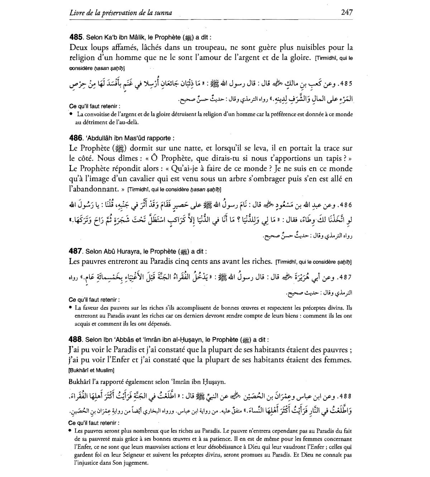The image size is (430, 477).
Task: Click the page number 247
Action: point(347,13)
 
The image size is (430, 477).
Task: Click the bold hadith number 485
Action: point(76,37)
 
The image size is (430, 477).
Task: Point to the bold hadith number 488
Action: point(76,339)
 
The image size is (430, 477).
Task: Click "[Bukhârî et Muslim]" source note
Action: point(91,370)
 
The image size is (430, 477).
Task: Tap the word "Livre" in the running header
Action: point(77,13)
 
